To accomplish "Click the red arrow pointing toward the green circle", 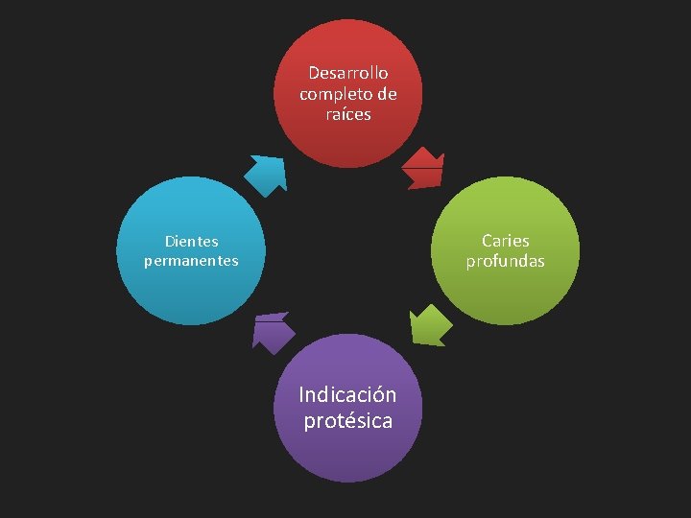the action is click(422, 168).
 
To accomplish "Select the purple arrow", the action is click(272, 332).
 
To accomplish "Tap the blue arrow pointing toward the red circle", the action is click(266, 175).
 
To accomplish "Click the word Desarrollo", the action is click(348, 73).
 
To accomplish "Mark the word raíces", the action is click(348, 114).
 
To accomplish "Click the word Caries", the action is click(506, 241).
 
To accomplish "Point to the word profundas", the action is click(506, 261).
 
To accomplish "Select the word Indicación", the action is click(347, 395).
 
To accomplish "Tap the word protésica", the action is click(348, 420).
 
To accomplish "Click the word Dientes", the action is click(191, 242).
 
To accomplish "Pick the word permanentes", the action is click(191, 261).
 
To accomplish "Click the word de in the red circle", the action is click(387, 94).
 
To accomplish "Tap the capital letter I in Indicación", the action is click(301, 394).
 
